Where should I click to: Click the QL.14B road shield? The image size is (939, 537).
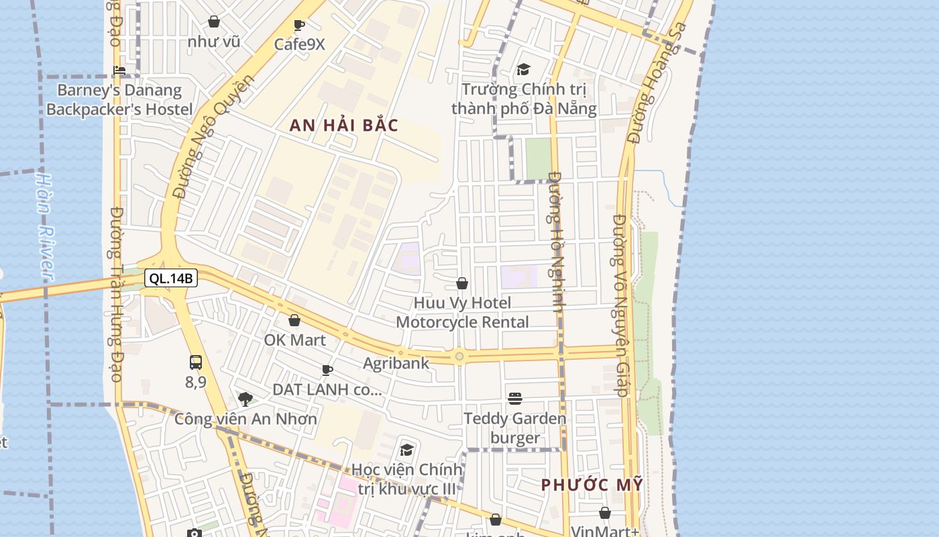[x=171, y=278]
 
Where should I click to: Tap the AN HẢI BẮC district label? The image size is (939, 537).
[x=344, y=126]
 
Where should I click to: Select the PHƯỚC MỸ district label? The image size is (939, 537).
[x=592, y=485]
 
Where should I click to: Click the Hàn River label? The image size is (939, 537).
[x=44, y=226]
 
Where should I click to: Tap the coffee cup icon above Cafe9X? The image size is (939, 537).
[x=299, y=26]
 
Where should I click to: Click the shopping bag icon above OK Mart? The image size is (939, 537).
[x=294, y=321]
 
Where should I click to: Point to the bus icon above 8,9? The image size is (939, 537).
[x=195, y=362]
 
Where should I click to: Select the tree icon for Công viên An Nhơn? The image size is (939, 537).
[x=245, y=399]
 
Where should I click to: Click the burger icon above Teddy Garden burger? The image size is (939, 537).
[x=515, y=399]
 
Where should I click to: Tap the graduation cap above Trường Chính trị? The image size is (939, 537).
[x=523, y=69]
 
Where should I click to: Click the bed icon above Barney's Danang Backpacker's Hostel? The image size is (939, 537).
[x=119, y=70]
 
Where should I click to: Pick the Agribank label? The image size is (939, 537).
[x=396, y=364]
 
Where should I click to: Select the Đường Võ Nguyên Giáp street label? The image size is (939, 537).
[x=620, y=305]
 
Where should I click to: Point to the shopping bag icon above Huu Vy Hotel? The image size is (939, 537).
[x=462, y=284]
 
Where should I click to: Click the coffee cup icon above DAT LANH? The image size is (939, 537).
[x=327, y=370]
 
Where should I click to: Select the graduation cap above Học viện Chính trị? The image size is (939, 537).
[x=406, y=450]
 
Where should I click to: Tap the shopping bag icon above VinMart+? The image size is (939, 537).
[x=604, y=514]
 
